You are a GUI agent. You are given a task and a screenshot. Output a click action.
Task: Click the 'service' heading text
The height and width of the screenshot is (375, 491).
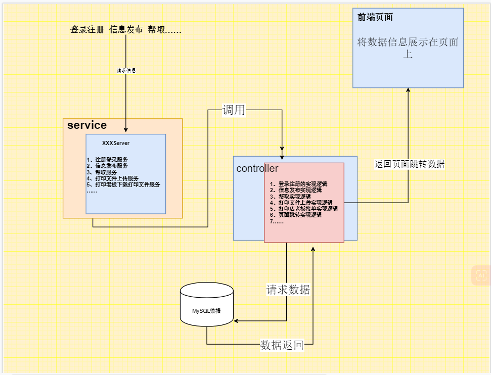coord(86,125)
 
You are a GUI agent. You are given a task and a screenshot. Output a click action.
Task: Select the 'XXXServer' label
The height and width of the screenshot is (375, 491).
coord(116,143)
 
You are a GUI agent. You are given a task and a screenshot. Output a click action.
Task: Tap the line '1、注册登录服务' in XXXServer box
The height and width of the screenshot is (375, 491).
coord(107,160)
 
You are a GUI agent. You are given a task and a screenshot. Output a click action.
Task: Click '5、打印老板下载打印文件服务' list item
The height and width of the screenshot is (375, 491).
coord(123,184)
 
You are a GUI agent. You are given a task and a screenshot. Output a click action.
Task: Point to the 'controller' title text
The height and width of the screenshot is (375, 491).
coord(257,168)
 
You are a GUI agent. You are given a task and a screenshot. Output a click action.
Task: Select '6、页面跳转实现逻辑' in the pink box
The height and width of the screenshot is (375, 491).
coord(296,215)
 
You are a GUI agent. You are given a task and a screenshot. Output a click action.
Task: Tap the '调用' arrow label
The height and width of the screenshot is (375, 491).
coord(234,110)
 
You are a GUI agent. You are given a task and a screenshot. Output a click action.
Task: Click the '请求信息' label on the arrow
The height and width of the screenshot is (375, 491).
coord(126,71)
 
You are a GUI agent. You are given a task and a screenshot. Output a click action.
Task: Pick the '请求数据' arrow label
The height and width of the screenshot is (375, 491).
coord(288,290)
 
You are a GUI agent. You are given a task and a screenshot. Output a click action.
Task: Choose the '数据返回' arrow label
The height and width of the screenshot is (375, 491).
coord(282,345)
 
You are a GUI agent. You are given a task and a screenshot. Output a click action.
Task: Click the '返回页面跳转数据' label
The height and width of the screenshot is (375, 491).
coord(409,164)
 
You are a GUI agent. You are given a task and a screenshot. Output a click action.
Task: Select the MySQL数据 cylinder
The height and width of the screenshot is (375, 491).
coord(206,305)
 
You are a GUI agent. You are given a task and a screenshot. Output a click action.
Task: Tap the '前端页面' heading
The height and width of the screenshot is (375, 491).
coord(375,18)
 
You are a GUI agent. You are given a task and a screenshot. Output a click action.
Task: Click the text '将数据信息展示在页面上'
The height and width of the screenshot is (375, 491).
coord(408,48)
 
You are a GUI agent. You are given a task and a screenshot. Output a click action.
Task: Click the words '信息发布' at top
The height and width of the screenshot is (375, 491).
coord(126,30)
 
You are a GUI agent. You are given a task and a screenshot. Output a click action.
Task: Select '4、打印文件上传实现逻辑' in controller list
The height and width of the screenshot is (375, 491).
coord(301,203)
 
